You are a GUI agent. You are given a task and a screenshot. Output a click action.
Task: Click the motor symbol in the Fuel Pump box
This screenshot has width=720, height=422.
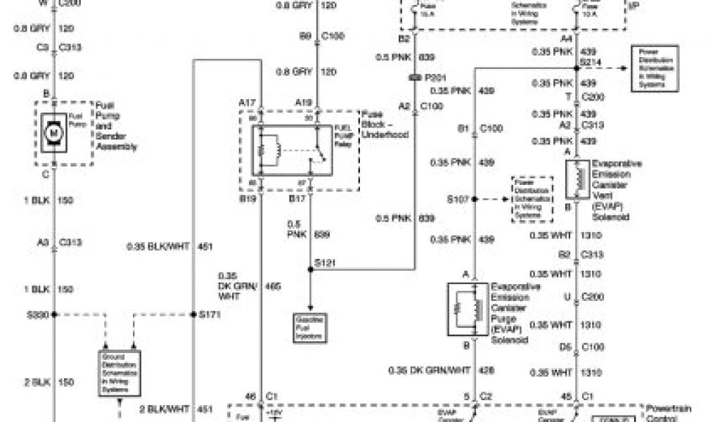[53, 132]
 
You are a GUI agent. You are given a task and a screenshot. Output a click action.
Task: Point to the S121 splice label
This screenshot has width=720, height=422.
[325, 262]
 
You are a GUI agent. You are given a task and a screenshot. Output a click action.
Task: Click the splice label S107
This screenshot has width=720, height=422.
[457, 199]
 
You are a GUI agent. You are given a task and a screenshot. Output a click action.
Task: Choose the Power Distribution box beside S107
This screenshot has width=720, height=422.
[532, 199]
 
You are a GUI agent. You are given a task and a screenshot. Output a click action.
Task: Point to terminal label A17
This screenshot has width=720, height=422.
[246, 103]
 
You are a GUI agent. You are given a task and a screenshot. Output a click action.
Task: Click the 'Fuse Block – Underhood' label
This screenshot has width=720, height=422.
[384, 124]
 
